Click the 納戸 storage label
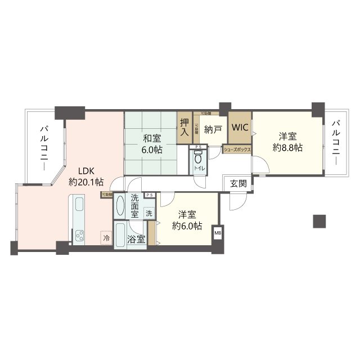213,130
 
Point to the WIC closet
240,128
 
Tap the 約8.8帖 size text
287,147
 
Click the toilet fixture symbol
197,159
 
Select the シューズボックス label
237,150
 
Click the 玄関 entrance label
238,183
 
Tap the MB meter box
217,231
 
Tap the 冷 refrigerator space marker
106,238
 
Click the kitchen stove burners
78,236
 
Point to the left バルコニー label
43,143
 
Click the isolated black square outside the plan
319,221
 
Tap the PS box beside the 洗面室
149,195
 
